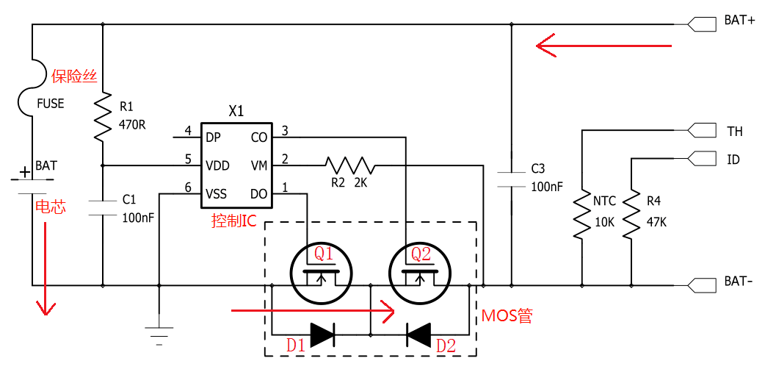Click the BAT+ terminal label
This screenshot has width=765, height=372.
(739, 21)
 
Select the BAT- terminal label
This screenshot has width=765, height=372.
(738, 282)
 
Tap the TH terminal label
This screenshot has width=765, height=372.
(735, 132)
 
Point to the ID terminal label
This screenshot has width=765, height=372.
(733, 160)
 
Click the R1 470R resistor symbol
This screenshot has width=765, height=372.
(103, 117)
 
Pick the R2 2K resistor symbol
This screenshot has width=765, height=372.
(350, 165)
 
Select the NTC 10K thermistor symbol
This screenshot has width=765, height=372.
(581, 215)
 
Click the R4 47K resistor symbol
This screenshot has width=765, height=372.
(631, 215)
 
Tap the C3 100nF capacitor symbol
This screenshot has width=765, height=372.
(511, 177)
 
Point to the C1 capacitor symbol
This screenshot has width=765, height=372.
(103, 207)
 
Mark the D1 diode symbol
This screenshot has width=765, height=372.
(322, 335)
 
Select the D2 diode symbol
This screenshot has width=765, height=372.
(418, 335)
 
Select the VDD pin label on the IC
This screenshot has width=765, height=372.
(218, 165)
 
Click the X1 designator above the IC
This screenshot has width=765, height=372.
(236, 112)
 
